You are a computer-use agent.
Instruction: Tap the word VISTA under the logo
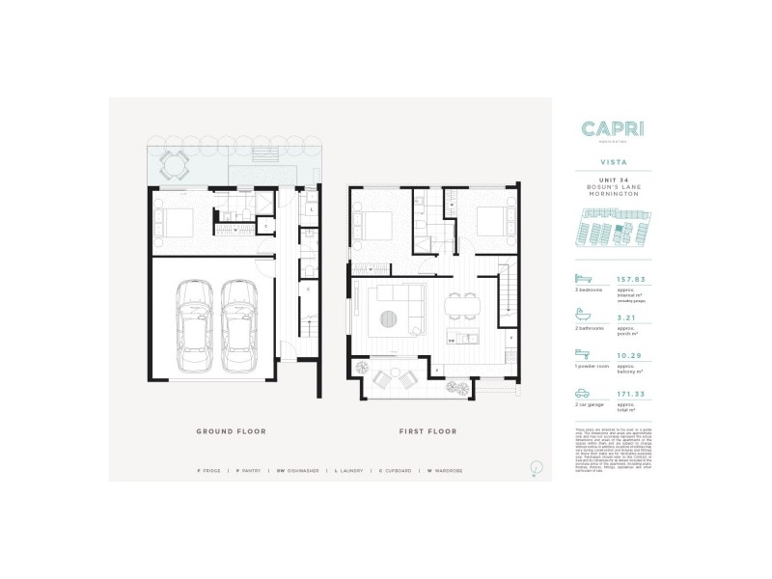(x=614, y=166)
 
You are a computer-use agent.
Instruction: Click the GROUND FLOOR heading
(x=231, y=431)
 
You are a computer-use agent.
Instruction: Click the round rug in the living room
(x=392, y=322)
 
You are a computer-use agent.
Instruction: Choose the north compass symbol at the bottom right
(x=533, y=469)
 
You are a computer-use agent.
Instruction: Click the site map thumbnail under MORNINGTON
(x=614, y=231)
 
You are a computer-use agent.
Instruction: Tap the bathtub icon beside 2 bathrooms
(x=585, y=316)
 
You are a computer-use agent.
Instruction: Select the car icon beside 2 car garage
(x=585, y=393)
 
